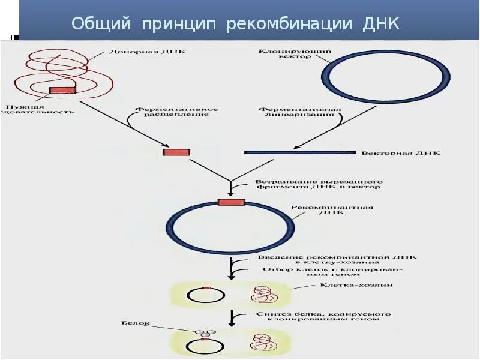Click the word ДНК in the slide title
[382, 24]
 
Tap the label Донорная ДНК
[139, 52]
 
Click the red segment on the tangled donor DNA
[62, 91]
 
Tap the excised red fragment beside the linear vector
[176, 152]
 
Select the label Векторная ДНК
[400, 154]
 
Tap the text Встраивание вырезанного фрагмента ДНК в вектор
[319, 184]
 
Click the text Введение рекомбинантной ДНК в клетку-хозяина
[337, 260]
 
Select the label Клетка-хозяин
[356, 286]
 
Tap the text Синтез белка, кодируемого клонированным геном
[323, 316]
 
